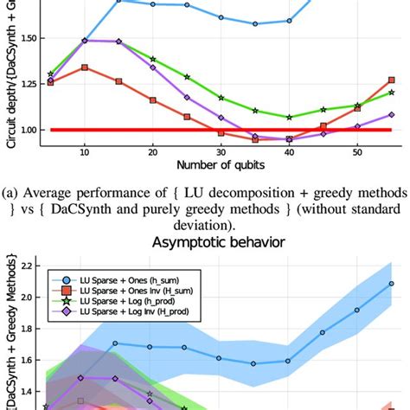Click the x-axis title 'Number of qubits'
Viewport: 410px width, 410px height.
tap(220, 164)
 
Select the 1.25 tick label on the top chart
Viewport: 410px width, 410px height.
tap(25, 84)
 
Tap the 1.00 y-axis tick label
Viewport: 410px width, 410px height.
tap(25, 130)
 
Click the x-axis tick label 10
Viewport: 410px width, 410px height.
tap(84, 151)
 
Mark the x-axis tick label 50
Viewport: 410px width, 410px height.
tap(357, 151)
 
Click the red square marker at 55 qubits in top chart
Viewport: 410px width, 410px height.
tap(391, 80)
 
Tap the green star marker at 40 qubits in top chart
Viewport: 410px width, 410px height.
tap(289, 117)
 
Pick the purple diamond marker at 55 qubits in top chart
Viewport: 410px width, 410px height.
tap(391, 114)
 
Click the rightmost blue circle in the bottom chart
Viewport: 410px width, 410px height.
tap(391, 283)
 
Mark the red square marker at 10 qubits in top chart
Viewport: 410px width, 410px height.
tap(84, 67)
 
